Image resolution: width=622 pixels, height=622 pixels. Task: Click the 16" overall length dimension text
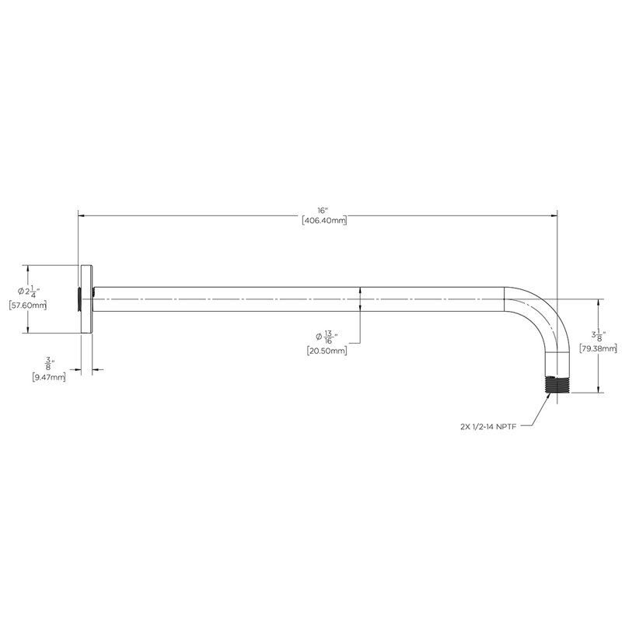(323, 210)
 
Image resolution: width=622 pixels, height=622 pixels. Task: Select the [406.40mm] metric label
(324, 221)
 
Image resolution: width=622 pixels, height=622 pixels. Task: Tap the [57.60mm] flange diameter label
(28, 306)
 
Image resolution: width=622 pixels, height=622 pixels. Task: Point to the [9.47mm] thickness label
(49, 378)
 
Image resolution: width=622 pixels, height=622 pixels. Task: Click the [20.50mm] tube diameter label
(327, 351)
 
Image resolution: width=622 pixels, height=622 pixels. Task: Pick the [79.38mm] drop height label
(598, 348)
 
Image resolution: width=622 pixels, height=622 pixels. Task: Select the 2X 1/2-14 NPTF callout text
(488, 427)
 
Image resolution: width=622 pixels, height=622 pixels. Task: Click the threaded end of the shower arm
(557, 384)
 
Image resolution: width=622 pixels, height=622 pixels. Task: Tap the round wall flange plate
(86, 299)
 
